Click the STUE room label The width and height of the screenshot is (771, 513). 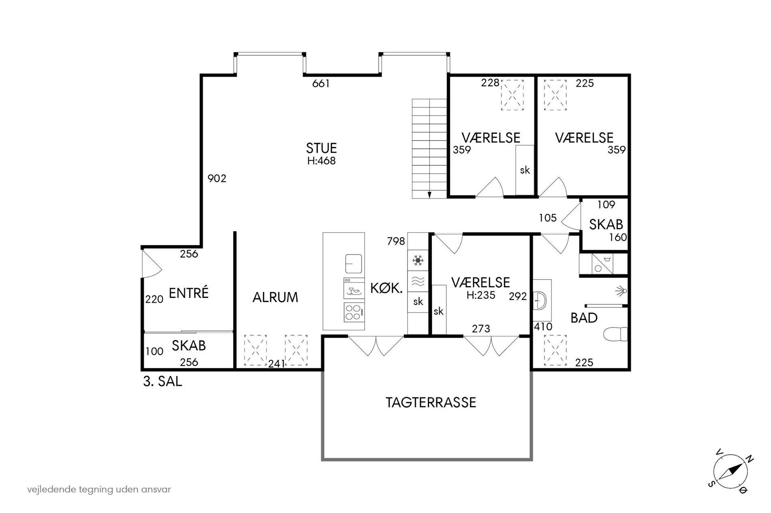[x=321, y=148]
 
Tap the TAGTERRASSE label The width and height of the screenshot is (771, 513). [x=431, y=402]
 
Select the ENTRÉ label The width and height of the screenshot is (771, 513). [x=189, y=293]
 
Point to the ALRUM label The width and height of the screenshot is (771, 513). [x=275, y=297]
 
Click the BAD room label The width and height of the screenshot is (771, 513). [x=584, y=318]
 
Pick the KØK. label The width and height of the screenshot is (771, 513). [x=386, y=288]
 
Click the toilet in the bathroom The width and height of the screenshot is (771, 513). [x=615, y=335]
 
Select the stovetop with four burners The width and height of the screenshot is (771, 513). [x=354, y=312]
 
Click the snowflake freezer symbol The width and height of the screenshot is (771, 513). [x=418, y=260]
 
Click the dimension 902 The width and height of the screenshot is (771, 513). [x=217, y=178]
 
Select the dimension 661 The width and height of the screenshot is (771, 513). [x=321, y=84]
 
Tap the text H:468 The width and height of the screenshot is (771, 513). [x=321, y=161]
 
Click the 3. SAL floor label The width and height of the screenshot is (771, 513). [x=162, y=381]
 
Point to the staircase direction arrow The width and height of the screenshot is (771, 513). [x=429, y=193]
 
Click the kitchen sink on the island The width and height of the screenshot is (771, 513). [x=354, y=264]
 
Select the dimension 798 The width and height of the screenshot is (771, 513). [x=396, y=241]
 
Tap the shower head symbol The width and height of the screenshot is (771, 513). [x=621, y=291]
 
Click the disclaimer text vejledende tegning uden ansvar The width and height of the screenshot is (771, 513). [x=99, y=489]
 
